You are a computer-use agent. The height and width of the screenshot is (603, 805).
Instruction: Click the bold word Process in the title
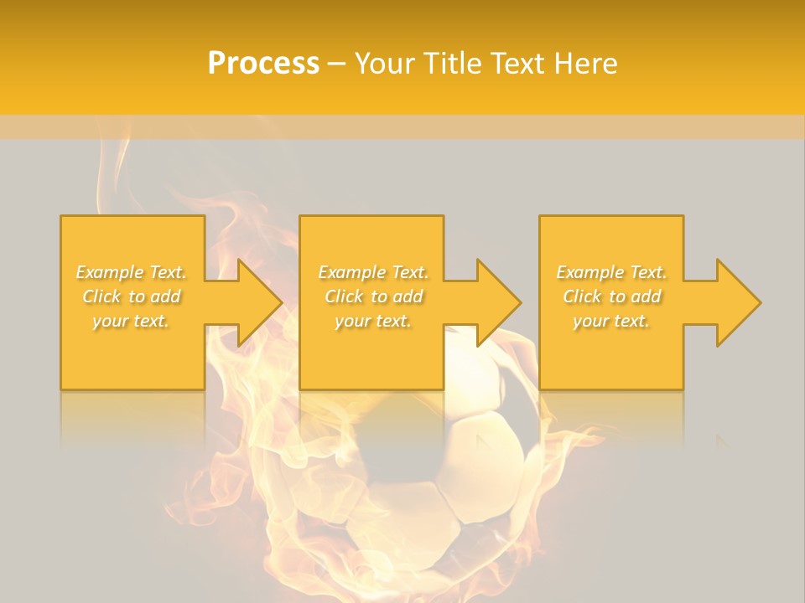pos(263,64)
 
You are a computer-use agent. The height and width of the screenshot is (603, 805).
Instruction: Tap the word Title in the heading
pos(453,64)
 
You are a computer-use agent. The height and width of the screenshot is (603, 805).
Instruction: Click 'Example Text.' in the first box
pos(131,272)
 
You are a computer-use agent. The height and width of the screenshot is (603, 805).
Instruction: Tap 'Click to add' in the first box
pos(131,296)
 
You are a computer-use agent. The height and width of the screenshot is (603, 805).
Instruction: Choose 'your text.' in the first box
pos(131,321)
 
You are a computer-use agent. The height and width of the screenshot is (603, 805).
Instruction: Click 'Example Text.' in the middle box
pos(373,272)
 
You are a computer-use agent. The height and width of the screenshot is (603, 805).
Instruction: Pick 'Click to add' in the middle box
pos(373,296)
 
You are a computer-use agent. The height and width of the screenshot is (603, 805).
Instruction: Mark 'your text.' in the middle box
pos(373,321)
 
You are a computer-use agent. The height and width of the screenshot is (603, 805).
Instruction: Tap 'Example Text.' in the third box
pos(611,272)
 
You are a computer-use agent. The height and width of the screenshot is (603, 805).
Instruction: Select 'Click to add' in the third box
pos(611,296)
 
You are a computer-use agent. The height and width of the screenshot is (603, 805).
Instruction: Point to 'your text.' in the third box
pos(611,321)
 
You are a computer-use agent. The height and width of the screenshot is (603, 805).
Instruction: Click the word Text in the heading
pos(514,64)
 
